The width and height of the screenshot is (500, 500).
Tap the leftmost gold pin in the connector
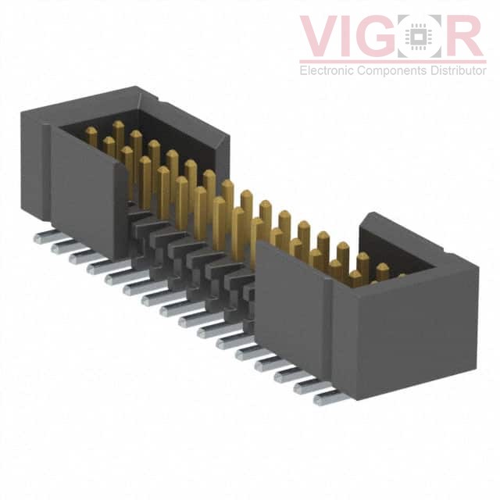[x=91, y=137]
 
